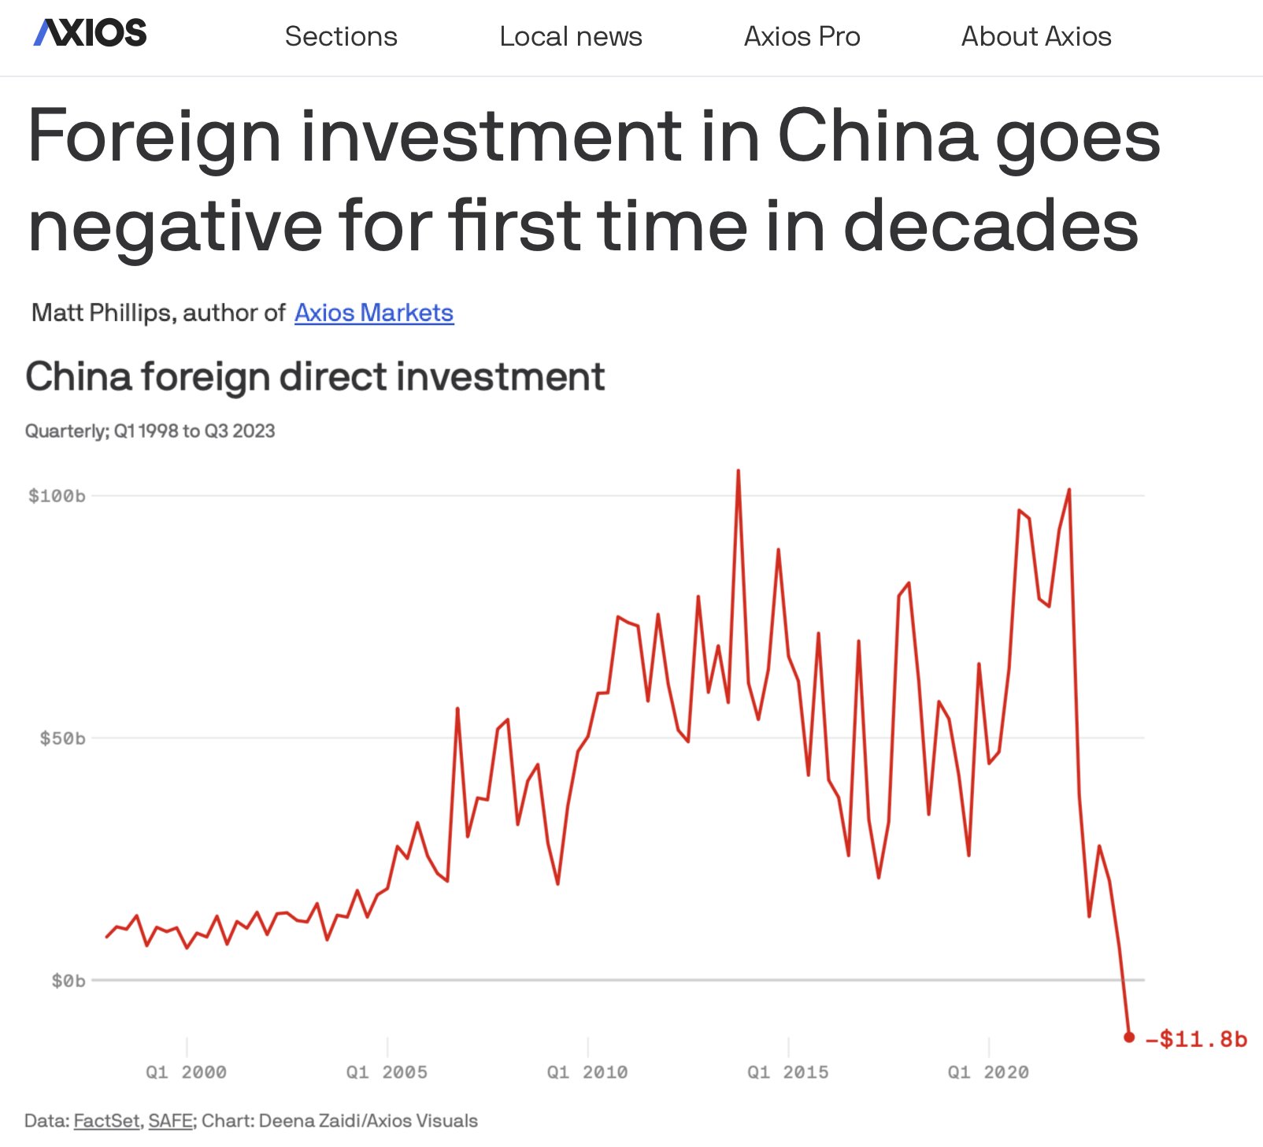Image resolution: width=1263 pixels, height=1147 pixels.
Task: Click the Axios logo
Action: click(90, 33)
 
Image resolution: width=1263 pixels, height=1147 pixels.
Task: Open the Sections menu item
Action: click(341, 36)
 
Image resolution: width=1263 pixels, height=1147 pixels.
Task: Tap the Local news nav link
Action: click(570, 36)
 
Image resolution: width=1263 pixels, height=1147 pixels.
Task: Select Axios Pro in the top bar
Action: click(802, 36)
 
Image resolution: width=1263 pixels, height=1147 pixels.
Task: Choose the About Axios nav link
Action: click(1035, 36)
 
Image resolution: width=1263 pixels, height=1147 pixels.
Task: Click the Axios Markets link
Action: click(374, 313)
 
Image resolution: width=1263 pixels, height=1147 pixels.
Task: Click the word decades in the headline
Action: click(991, 226)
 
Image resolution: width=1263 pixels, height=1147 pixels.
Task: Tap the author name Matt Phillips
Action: click(102, 313)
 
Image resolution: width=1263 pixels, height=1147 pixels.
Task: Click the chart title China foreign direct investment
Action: click(315, 376)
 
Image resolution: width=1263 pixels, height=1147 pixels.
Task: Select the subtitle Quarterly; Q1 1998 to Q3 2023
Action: click(150, 431)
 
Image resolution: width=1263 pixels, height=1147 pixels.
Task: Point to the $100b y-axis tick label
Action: click(57, 496)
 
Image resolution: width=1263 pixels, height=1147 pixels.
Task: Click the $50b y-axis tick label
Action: click(62, 738)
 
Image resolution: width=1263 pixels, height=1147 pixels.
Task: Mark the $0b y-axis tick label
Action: click(68, 981)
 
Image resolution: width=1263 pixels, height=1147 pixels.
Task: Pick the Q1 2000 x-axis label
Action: click(186, 1072)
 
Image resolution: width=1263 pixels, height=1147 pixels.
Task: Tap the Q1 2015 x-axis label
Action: click(787, 1072)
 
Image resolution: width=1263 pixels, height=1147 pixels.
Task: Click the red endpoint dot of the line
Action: click(1129, 1037)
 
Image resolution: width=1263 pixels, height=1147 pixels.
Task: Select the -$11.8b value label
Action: click(1196, 1039)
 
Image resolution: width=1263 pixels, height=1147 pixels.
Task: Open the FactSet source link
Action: click(106, 1120)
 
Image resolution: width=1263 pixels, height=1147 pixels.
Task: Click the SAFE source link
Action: click(170, 1120)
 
